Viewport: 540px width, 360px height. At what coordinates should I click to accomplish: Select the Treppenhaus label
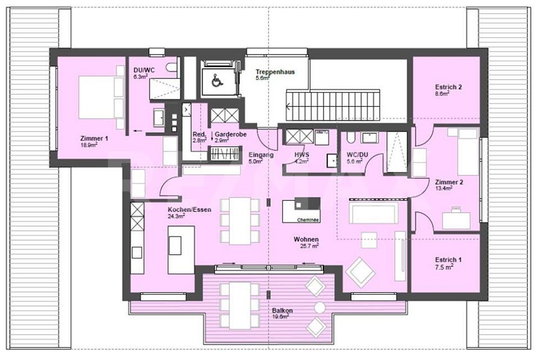(274, 72)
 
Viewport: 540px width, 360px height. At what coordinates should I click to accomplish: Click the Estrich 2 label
(448, 87)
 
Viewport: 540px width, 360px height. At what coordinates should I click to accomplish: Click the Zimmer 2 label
(448, 182)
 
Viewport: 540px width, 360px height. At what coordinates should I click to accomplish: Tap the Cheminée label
(308, 220)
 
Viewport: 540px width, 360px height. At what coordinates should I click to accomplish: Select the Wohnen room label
(307, 239)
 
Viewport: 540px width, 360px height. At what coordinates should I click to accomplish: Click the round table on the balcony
(319, 308)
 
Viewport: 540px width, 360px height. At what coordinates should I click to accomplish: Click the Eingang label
(260, 154)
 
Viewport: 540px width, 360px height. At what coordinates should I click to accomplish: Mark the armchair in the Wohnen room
(360, 272)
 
